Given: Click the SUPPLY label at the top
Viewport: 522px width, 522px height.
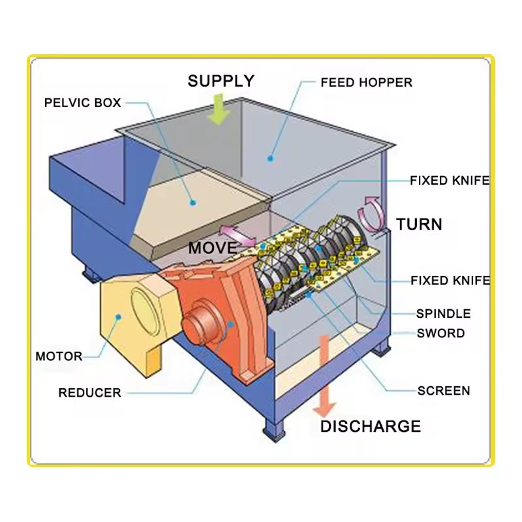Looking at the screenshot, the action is click(x=221, y=81).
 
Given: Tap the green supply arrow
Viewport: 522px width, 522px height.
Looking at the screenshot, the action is click(x=219, y=109).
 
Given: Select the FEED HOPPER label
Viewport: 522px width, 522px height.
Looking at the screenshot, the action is click(x=366, y=83).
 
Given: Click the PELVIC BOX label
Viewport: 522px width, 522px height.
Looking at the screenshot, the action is click(x=83, y=102).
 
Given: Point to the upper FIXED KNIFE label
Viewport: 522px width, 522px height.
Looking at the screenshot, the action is click(x=450, y=181).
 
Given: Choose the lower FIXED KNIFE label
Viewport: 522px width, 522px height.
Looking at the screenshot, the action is click(x=450, y=281).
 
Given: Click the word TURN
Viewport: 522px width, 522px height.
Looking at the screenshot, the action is click(x=419, y=224).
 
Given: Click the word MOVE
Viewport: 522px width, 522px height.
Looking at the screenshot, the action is click(x=213, y=248).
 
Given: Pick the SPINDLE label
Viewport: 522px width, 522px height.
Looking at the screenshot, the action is click(x=444, y=314).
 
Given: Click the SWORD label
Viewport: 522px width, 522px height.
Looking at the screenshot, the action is click(x=441, y=333).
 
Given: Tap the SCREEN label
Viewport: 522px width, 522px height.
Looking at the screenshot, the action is click(x=444, y=391).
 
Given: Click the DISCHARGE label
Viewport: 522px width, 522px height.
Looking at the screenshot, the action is click(x=371, y=427).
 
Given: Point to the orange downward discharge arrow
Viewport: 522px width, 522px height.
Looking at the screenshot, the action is click(x=324, y=376).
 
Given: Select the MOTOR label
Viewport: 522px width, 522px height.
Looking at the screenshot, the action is click(x=59, y=356).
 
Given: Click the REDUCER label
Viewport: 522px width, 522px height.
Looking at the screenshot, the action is click(x=89, y=393).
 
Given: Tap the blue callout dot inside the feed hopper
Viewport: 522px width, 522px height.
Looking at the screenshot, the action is click(x=270, y=159).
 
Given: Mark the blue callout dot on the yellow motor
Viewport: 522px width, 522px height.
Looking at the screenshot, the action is click(x=118, y=317).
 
